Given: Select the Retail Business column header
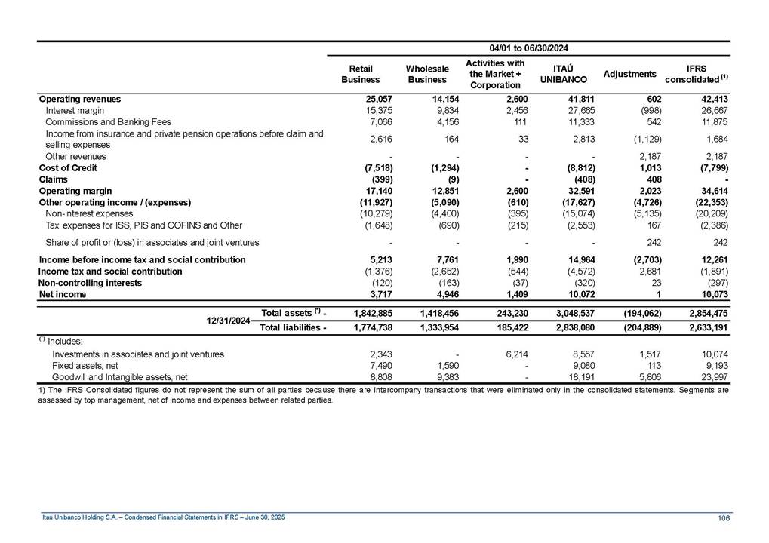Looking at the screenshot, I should click(x=361, y=74).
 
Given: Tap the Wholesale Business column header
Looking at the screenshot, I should click(x=427, y=74).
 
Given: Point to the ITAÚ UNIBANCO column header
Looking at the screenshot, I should click(x=560, y=74).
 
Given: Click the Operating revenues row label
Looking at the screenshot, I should click(x=79, y=99).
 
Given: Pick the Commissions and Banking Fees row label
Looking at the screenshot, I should click(x=108, y=121).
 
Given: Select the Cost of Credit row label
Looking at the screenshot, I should click(x=68, y=167).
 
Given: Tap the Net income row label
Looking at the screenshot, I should click(x=62, y=294).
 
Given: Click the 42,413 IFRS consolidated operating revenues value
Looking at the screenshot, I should click(x=713, y=99).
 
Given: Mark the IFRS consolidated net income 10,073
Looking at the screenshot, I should click(x=713, y=294).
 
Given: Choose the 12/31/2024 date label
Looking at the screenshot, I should click(x=229, y=320).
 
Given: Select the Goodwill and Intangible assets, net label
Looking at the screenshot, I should click(x=119, y=376).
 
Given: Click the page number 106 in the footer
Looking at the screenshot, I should click(x=722, y=517).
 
